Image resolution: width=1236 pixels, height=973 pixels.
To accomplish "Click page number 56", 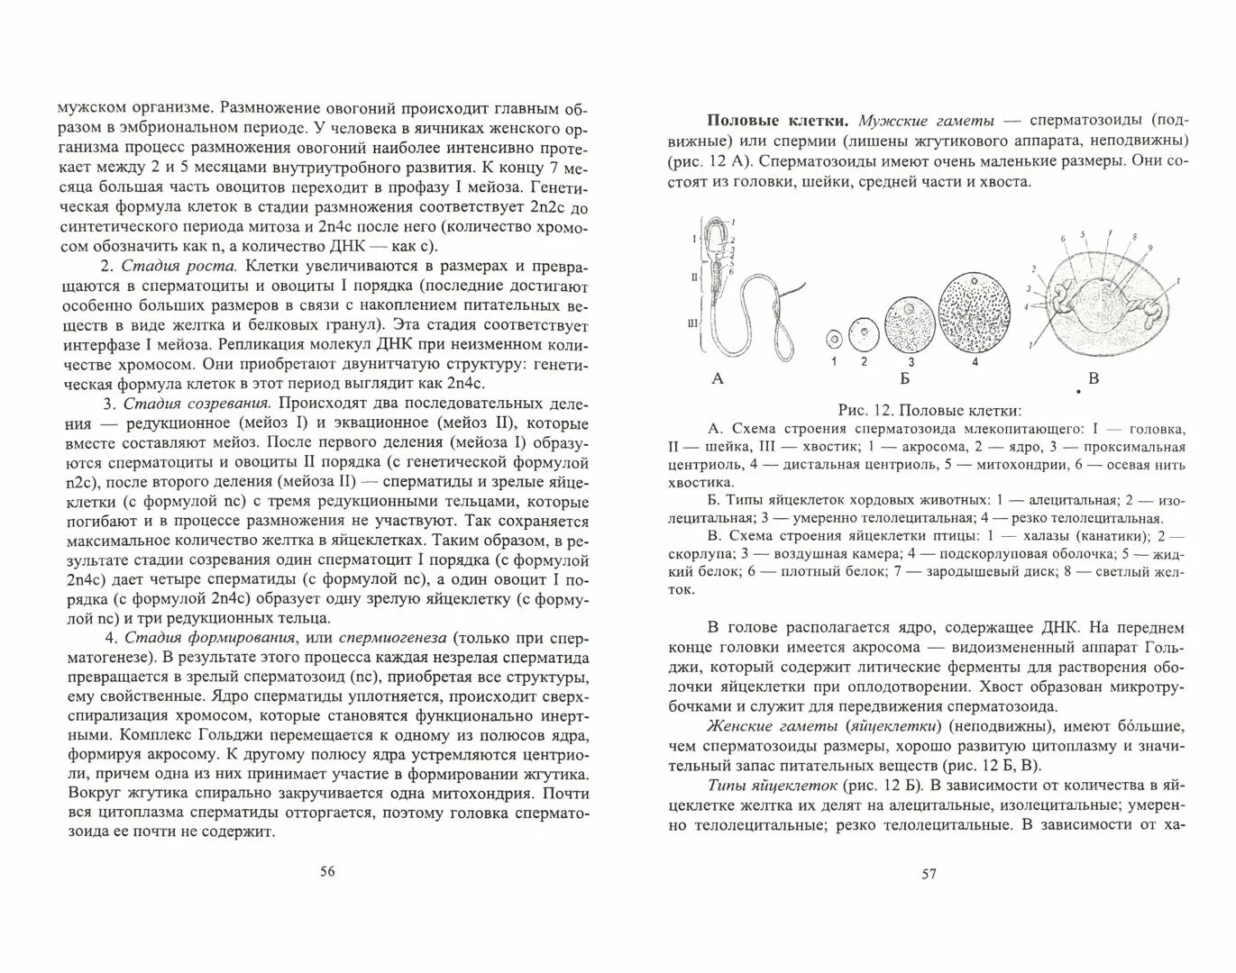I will tap(327, 871).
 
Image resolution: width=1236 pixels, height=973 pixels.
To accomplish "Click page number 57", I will tap(929, 873).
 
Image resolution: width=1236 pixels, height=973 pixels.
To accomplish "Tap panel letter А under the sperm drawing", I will tap(718, 378).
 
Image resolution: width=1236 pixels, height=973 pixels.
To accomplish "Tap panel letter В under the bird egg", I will tap(1094, 378).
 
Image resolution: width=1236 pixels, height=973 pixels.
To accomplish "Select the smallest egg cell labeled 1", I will tap(833, 341).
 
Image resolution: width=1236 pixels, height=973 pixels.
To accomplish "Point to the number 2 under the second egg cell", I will tap(864, 361).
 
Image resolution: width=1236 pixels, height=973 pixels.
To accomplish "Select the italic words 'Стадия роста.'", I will tap(179, 267).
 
